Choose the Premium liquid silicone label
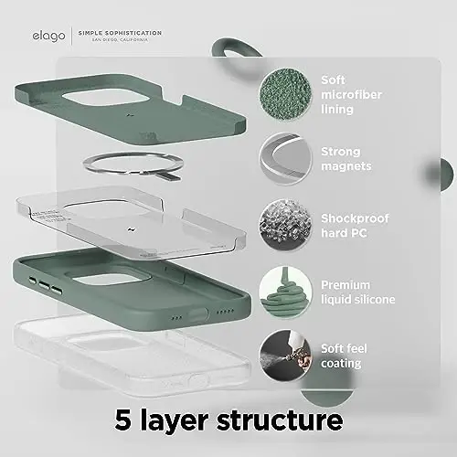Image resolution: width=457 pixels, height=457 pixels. (356, 292)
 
